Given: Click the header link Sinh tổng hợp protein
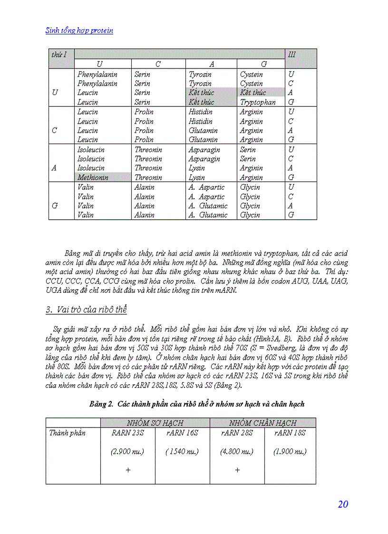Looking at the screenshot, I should click(x=79, y=30).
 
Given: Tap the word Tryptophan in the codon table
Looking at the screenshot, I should click(x=258, y=102).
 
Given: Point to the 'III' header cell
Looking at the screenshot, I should click(x=291, y=54).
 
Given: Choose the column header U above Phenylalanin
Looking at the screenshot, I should click(x=99, y=64).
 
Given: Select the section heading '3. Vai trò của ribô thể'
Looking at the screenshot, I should click(x=86, y=310).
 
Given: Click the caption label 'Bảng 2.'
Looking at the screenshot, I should click(x=102, y=404).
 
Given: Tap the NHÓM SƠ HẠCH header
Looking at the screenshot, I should click(x=155, y=423).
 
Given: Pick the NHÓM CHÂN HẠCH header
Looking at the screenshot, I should click(x=262, y=423).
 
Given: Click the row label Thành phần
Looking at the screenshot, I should click(x=68, y=433).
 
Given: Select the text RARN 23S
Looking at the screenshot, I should click(x=127, y=433).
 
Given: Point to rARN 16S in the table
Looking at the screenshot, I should click(x=182, y=433).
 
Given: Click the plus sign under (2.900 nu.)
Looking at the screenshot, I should click(x=127, y=470).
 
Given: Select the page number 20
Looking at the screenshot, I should click(x=343, y=505).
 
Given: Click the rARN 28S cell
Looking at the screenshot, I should click(x=237, y=433).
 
